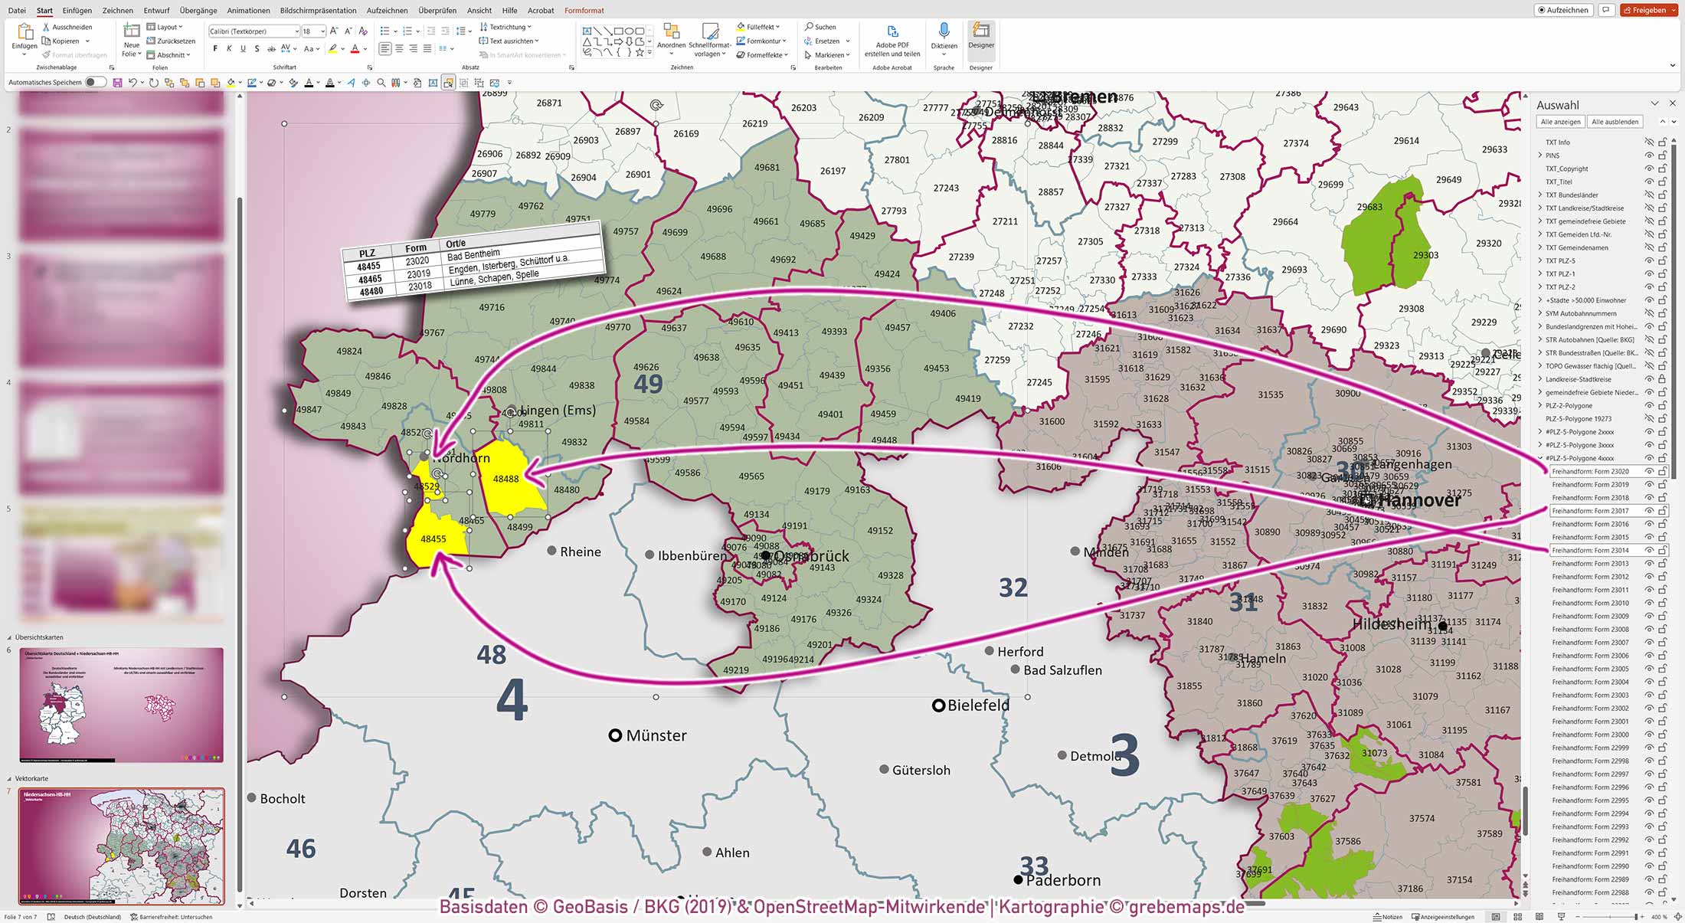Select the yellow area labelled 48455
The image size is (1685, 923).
(434, 540)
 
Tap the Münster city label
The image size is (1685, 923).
(656, 735)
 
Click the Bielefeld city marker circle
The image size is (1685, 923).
(938, 705)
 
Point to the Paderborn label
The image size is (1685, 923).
(1062, 881)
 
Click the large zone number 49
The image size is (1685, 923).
(648, 383)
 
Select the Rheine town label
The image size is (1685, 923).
(580, 552)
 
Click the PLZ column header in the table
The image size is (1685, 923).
(367, 253)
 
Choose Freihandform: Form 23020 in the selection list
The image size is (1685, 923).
(1590, 472)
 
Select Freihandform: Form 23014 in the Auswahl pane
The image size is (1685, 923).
(1590, 551)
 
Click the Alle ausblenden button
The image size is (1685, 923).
(1615, 122)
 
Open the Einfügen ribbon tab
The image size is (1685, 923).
(77, 11)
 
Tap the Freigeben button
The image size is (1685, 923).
(1648, 10)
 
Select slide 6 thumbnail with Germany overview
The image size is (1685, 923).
(122, 705)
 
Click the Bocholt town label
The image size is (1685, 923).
(282, 799)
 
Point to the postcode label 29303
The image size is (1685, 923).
(1425, 255)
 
